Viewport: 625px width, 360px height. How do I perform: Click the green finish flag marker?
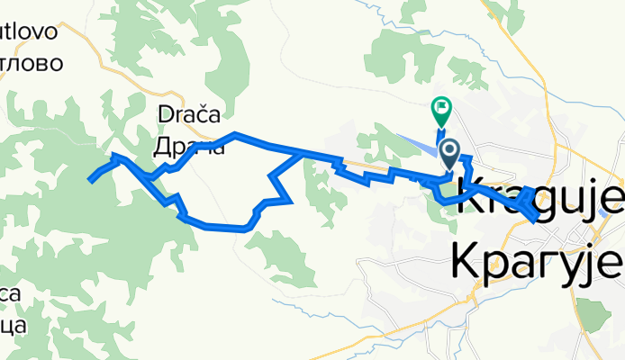point(441,110)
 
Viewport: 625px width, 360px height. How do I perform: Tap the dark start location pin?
point(448,151)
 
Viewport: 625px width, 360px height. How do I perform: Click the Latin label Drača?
point(190,114)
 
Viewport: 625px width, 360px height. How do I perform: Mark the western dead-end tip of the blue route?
point(89,181)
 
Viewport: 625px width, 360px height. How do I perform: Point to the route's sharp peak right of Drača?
point(235,134)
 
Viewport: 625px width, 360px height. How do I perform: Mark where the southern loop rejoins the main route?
point(300,155)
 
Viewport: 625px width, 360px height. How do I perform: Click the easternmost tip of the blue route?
point(538,217)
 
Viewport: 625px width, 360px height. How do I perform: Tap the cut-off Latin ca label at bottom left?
point(11,293)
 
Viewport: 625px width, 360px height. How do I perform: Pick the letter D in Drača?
point(165,114)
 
